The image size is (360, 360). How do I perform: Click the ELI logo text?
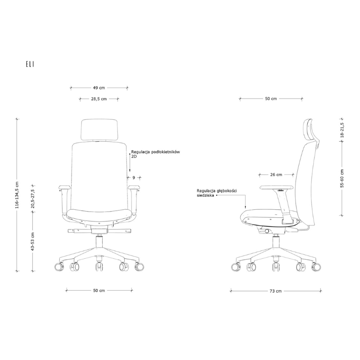coord(30,64)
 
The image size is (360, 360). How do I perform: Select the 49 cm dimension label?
coord(99,88)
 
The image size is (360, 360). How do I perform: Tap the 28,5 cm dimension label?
coord(99,99)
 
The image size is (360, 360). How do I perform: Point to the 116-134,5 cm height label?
coord(17,195)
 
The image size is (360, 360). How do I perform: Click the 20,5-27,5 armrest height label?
coord(33,199)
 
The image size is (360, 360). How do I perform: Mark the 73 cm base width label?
coord(275,291)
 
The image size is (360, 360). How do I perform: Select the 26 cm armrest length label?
coord(276,175)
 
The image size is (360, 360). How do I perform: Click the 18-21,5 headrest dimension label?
coord(342,130)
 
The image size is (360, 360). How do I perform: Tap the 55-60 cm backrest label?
coord(342,178)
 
